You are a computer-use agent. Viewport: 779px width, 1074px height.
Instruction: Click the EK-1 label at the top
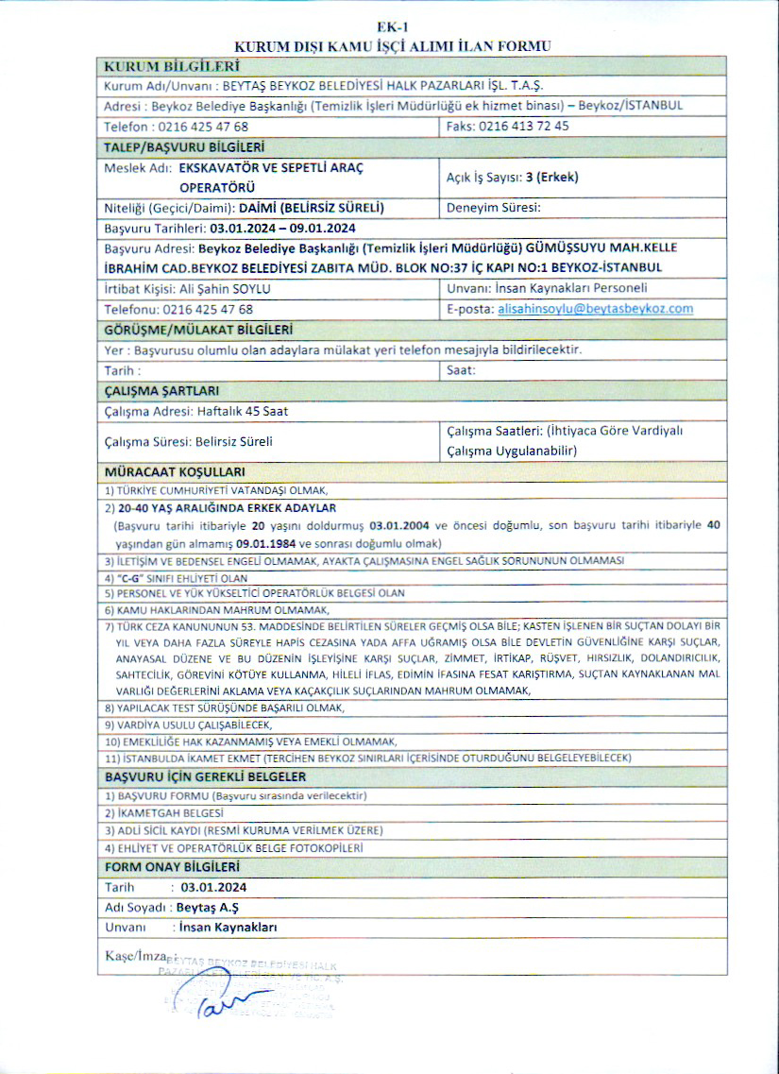tap(389, 28)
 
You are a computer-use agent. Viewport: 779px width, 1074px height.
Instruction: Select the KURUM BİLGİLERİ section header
tap(171, 66)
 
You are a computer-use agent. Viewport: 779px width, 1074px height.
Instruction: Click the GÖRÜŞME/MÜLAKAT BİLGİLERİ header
tap(197, 329)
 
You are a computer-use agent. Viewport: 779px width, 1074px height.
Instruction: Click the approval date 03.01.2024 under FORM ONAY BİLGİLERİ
tap(214, 887)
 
